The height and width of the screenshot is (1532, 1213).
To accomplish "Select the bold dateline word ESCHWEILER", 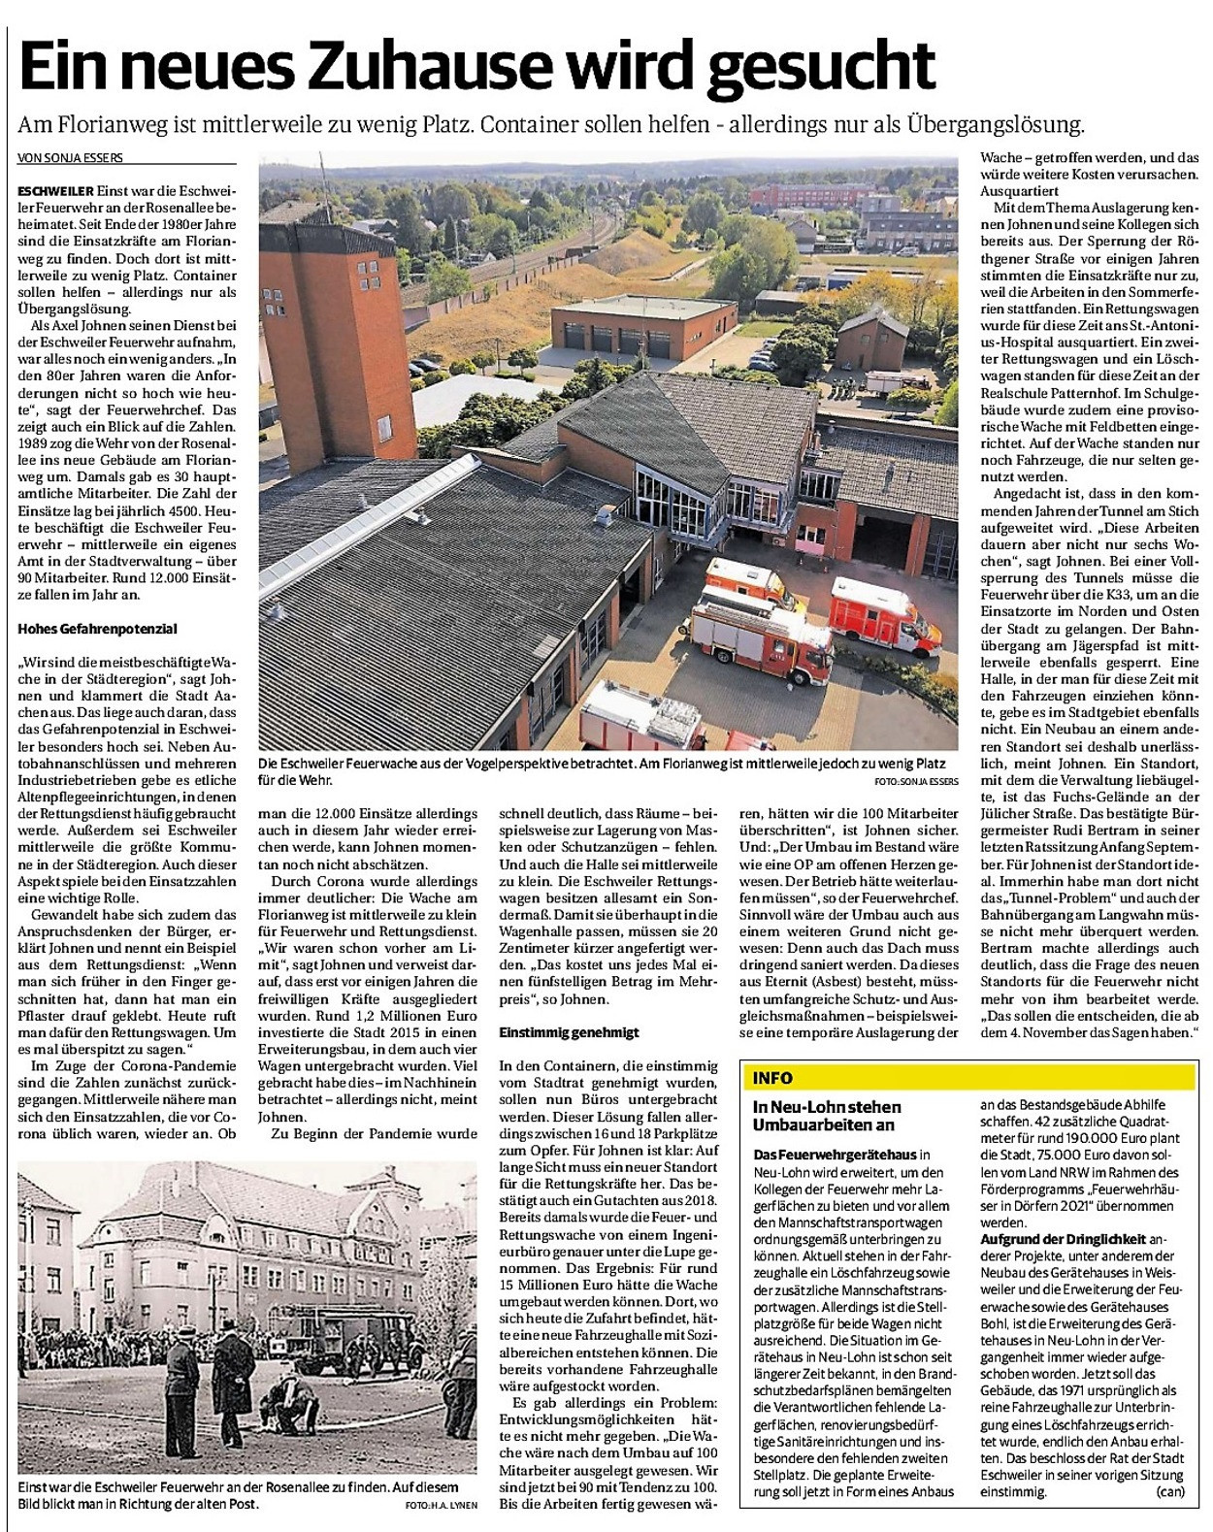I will pyautogui.click(x=54, y=190).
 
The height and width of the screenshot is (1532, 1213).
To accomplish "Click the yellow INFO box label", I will pyautogui.click(x=772, y=1078).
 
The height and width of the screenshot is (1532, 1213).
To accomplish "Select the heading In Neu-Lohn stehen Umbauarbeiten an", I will pyautogui.click(x=827, y=1115).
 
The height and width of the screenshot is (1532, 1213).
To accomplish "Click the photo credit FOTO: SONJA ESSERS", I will pyautogui.click(x=915, y=780).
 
